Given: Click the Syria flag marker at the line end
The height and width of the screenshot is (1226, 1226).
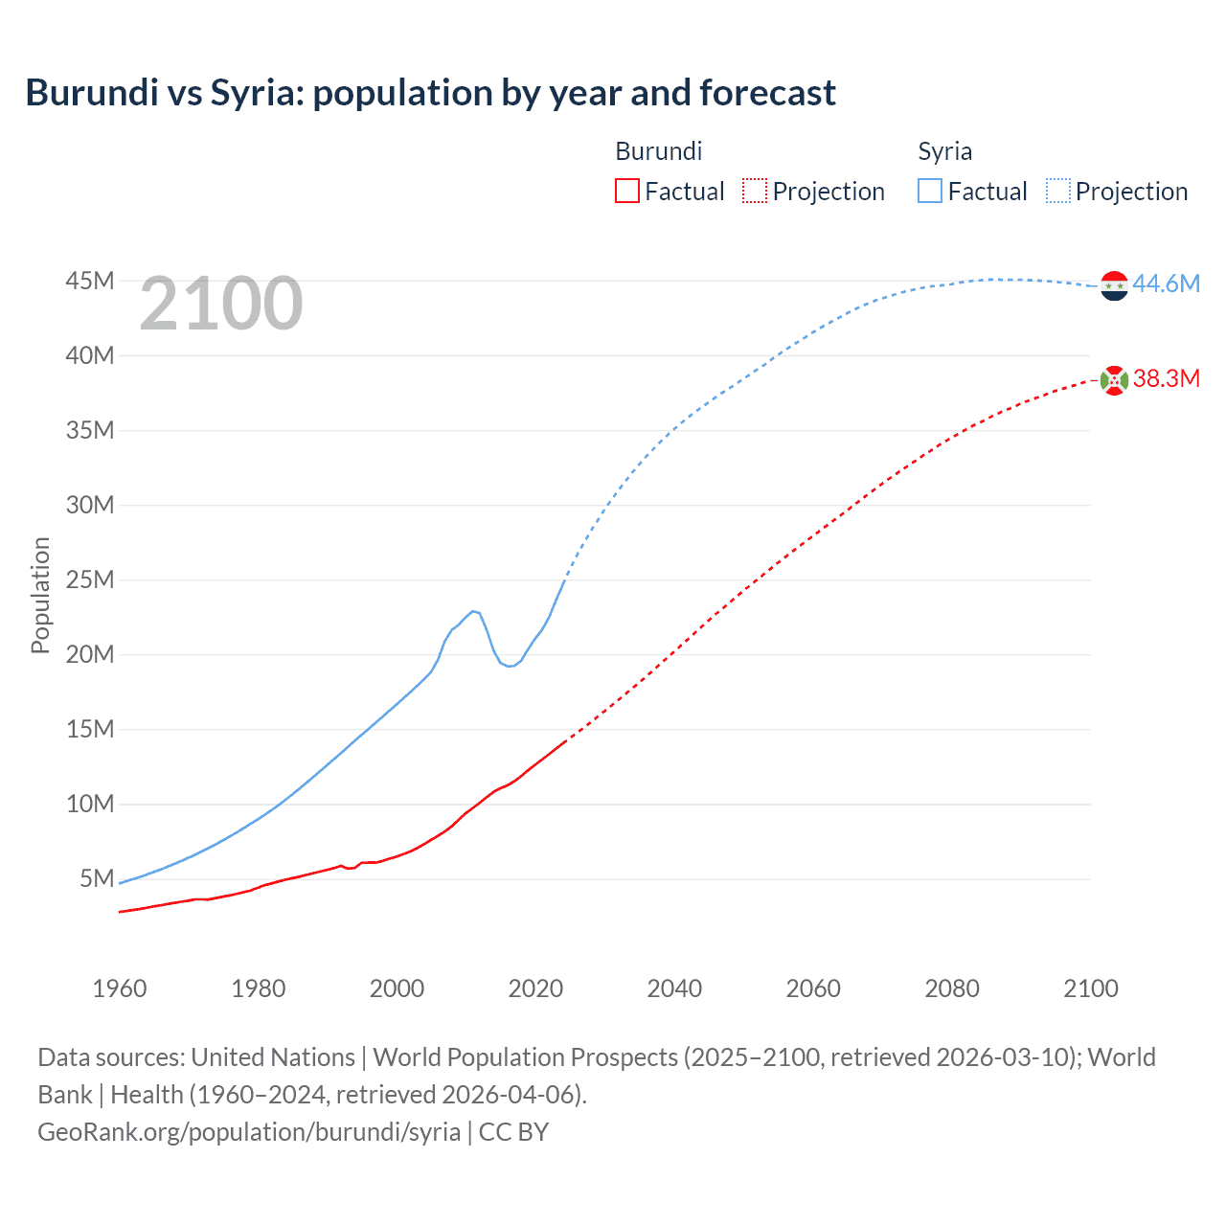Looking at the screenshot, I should [x=1114, y=285].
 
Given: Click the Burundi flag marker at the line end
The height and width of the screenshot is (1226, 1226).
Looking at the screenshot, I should [x=1114, y=380].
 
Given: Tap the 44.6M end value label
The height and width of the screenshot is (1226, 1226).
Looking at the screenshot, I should [x=1166, y=284].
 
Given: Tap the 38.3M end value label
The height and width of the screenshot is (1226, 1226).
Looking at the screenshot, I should [x=1166, y=378].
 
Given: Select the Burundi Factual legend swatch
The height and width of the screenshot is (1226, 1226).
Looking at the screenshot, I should [x=626, y=191].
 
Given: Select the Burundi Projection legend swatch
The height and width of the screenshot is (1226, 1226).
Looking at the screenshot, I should [x=755, y=191].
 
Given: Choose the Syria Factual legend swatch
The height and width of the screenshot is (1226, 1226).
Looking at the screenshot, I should [x=929, y=191].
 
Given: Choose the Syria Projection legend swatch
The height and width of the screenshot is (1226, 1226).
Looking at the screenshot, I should [x=1057, y=191].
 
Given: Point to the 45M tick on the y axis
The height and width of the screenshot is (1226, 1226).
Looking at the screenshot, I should [x=89, y=281].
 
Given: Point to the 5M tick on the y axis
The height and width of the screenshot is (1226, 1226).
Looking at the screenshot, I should [x=97, y=878].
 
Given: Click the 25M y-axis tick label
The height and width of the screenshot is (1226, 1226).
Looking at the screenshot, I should [x=89, y=579].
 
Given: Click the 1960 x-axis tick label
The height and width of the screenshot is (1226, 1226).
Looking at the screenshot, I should [x=120, y=988].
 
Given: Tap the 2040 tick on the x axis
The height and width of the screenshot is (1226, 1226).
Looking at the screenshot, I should [x=674, y=988].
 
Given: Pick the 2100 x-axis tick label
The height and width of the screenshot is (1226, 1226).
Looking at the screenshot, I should [x=1090, y=988].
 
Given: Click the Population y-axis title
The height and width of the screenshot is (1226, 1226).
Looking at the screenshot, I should [x=40, y=595].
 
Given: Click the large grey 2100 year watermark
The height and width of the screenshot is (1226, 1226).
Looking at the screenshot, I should [x=221, y=304].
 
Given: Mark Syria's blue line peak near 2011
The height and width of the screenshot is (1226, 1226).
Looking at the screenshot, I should [x=473, y=610].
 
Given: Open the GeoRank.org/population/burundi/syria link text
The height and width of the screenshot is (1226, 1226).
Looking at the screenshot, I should [x=249, y=1131].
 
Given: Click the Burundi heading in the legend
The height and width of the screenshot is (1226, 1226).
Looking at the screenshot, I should [x=658, y=151].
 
